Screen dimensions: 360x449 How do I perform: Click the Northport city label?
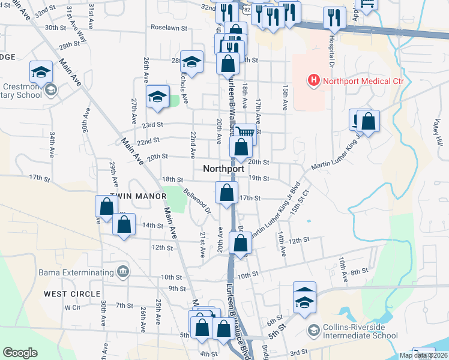click(x=223, y=169)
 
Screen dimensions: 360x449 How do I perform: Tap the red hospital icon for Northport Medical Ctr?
click(x=313, y=80)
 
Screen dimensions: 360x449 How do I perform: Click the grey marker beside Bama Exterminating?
click(x=124, y=272)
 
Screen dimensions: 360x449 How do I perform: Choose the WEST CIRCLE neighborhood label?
click(x=72, y=294)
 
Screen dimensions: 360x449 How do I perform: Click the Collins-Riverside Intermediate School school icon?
click(x=313, y=331)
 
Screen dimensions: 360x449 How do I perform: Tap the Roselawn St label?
click(x=169, y=28)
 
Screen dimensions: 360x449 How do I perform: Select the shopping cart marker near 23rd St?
click(x=244, y=133)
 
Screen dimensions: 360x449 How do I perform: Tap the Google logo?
click(x=20, y=353)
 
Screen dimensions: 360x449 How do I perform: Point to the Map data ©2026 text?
click(x=423, y=355)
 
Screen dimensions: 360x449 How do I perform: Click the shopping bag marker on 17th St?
click(x=226, y=193)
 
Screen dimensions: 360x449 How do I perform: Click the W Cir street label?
click(x=72, y=307)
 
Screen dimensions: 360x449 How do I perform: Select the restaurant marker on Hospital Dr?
click(x=334, y=17)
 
